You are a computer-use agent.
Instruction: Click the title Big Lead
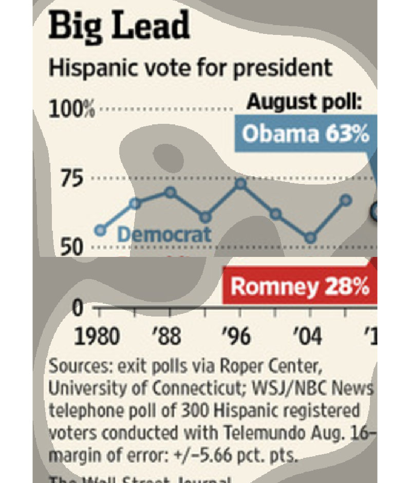[119, 27]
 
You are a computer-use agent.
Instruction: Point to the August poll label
[304, 102]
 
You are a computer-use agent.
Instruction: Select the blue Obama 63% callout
[305, 134]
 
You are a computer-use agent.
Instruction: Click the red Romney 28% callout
[300, 286]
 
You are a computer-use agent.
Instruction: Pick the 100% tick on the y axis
[71, 109]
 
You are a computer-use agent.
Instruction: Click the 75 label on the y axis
[72, 179]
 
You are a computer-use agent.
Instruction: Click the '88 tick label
[167, 337]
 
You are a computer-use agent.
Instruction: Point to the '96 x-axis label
[236, 337]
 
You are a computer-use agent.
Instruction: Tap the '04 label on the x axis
[307, 337]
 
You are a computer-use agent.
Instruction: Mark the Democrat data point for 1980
[101, 230]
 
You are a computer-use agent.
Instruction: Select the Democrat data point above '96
[241, 183]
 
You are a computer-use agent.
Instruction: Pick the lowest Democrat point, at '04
[310, 237]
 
